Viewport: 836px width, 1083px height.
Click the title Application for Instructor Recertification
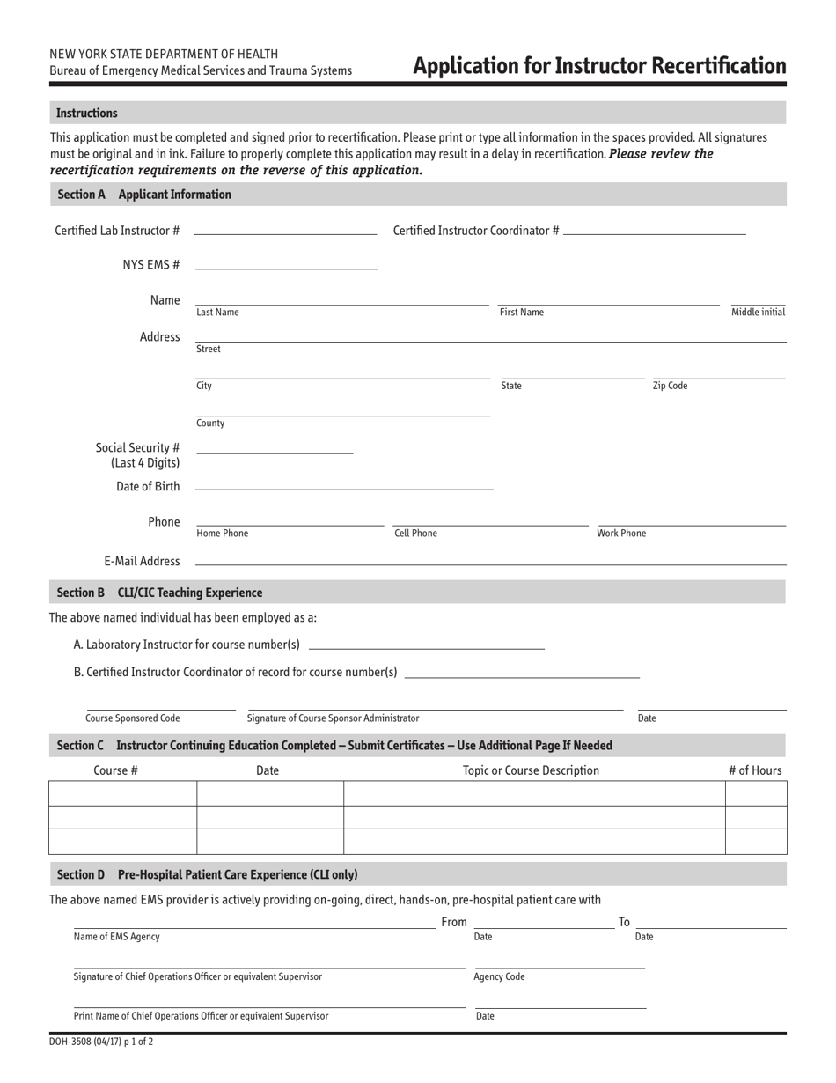[599, 66]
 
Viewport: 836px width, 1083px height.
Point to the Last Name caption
[217, 313]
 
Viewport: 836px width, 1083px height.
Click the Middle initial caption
[758, 313]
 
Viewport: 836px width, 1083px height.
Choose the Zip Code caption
[670, 386]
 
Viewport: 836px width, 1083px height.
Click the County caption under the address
[210, 423]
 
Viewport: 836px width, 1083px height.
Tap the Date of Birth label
[148, 487]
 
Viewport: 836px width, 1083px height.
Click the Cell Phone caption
[415, 534]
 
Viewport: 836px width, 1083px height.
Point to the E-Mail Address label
[142, 561]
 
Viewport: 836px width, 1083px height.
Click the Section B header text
[159, 593]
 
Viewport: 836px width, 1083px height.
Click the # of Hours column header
[754, 770]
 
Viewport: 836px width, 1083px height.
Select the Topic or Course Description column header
[531, 770]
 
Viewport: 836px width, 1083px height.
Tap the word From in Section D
[454, 922]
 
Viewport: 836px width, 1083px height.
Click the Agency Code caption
[499, 976]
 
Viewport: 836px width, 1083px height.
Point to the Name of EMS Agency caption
[117, 937]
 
